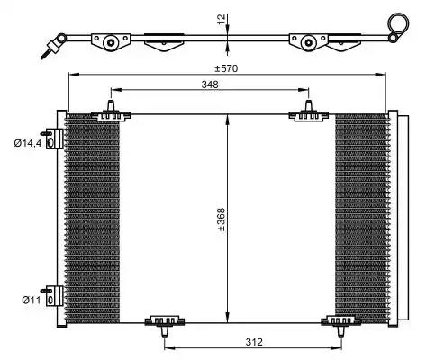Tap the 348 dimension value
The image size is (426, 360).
pyautogui.click(x=211, y=84)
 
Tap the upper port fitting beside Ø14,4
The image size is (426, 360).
pyautogui.click(x=55, y=139)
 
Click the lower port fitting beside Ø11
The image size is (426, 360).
pyautogui.click(x=55, y=298)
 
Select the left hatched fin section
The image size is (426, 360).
pyautogui.click(x=94, y=216)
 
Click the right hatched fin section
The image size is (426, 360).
pyautogui.click(x=360, y=216)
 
